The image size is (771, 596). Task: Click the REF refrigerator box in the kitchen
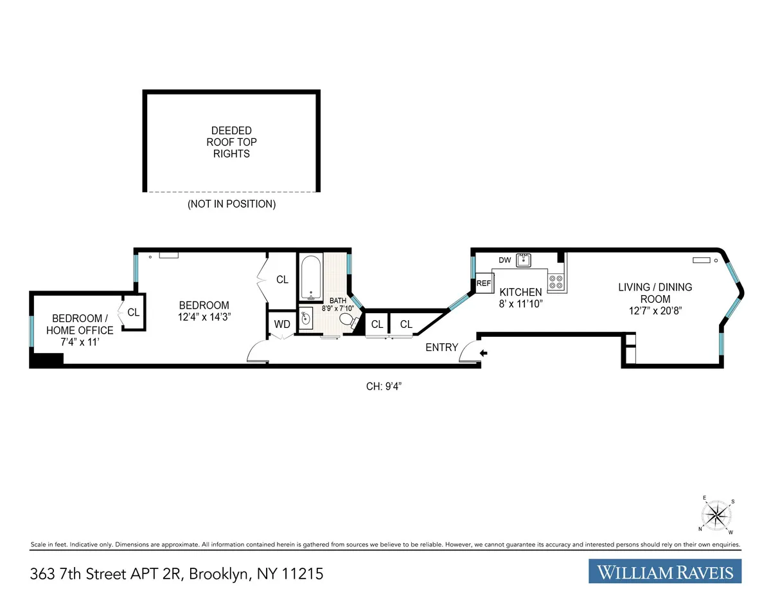coord(483,284)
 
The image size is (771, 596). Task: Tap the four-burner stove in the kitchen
coord(556,282)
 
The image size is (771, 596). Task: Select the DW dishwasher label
coord(505,260)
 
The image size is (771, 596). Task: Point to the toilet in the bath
coord(348,320)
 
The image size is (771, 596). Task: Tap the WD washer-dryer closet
coord(282,324)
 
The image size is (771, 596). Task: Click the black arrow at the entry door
coord(483,352)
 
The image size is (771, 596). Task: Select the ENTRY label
coord(442,348)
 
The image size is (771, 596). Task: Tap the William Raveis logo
coord(665,571)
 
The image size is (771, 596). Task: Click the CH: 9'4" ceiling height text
coord(384,386)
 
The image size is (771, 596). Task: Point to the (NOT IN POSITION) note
coord(231,204)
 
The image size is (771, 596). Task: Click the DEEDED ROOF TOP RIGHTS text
coord(231,141)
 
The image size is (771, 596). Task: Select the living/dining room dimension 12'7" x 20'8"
coord(655,311)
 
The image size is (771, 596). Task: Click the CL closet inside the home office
coord(133,312)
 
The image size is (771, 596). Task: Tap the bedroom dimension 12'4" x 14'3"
coord(204,316)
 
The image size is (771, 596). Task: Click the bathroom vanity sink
coord(306,318)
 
